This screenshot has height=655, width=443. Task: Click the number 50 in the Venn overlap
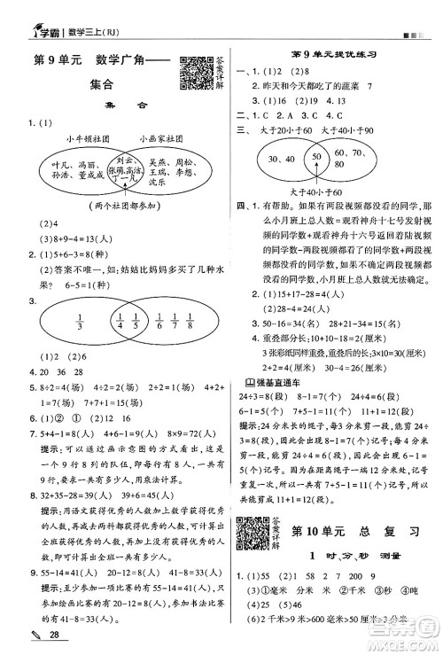click(314, 156)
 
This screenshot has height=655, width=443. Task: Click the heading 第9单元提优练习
click(335, 55)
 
